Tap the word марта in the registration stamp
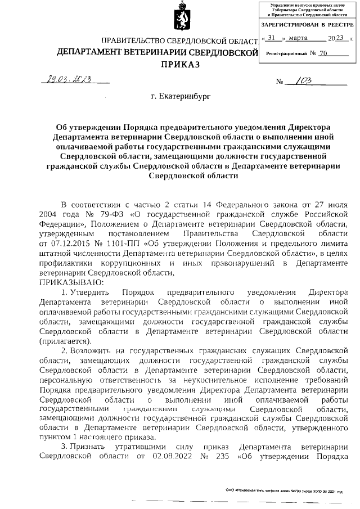tap(303, 39)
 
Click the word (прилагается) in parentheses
tap(64, 341)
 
